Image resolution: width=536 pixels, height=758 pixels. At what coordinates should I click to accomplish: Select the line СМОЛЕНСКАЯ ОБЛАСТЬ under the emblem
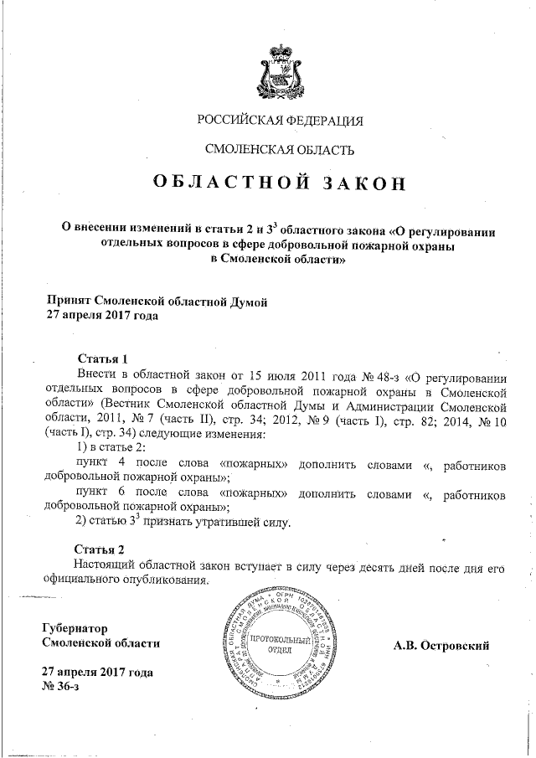280,150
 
